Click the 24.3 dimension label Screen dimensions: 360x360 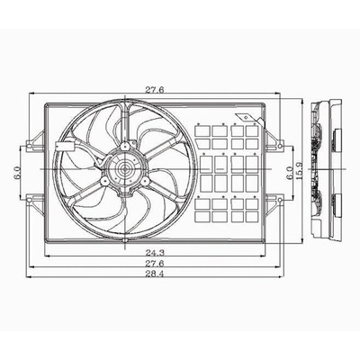click(154, 252)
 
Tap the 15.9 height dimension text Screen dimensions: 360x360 click(299, 169)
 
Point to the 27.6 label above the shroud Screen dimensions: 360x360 click(155, 90)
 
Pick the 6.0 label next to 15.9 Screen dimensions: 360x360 click(290, 173)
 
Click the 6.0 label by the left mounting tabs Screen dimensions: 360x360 click(17, 173)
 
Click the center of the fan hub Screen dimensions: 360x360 click(125, 169)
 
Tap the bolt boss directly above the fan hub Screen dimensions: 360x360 click(124, 147)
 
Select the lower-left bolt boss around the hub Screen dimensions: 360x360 click(104, 181)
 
